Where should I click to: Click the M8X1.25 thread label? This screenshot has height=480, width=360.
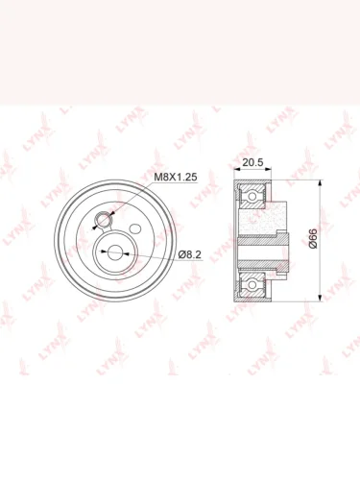point(176,177)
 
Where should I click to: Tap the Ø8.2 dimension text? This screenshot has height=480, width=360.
point(190,254)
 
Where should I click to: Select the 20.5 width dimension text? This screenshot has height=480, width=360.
point(252,162)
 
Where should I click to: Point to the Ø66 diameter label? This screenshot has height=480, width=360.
point(313,238)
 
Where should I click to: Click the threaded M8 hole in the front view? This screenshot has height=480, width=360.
point(104,220)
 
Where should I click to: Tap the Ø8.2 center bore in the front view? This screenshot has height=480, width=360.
point(114,252)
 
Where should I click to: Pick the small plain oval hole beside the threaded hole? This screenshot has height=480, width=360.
point(135,228)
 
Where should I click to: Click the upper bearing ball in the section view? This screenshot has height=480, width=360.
point(252,196)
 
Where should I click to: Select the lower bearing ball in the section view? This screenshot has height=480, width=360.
point(252,284)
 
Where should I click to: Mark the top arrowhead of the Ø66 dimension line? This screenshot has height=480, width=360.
point(320,183)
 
